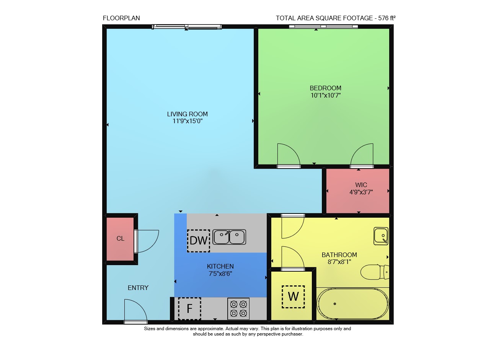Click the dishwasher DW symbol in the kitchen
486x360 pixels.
point(199,241)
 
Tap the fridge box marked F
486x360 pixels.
point(189,308)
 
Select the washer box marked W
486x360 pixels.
point(293,296)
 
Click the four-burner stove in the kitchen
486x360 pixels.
point(238,308)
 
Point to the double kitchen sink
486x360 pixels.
point(229,237)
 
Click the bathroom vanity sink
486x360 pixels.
point(381,236)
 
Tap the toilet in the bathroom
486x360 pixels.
point(375,272)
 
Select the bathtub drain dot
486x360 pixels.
point(334,304)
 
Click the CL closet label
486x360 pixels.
point(120,238)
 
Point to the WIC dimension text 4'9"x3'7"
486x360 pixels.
point(361,192)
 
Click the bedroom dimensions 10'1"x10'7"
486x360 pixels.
point(326,95)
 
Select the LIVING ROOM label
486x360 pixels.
point(188,114)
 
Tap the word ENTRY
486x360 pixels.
point(138,288)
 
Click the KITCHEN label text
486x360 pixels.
point(220,266)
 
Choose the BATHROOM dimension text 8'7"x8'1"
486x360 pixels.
point(339,262)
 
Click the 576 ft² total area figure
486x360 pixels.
point(387,18)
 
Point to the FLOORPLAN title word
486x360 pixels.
point(121,18)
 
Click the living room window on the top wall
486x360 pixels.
point(187,27)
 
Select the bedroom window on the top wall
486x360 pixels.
point(323,26)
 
